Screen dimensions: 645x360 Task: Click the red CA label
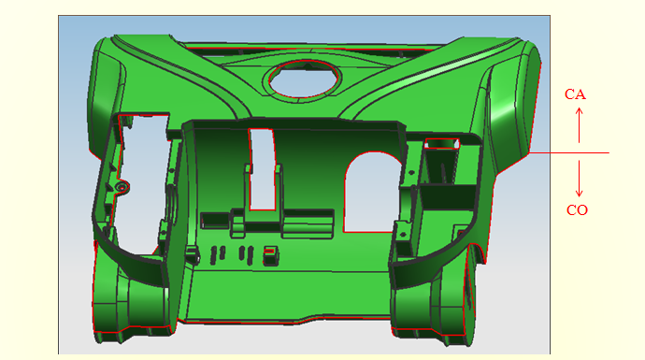coord(575,94)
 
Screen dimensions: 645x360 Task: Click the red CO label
coord(577,210)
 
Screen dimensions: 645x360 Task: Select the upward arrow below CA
coord(580,125)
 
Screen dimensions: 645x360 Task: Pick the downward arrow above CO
coord(580,179)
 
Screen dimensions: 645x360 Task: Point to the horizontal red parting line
coord(569,152)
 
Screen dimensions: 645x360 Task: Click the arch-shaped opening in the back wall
coord(371,193)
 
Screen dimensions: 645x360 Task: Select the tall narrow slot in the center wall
coord(262,169)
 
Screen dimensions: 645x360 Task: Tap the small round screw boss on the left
coord(122,187)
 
